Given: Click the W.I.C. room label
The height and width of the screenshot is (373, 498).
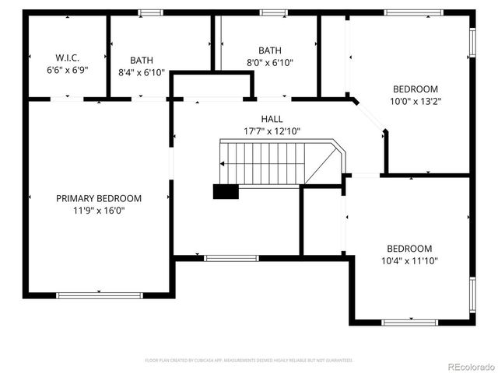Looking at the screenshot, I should pyautogui.click(x=68, y=58).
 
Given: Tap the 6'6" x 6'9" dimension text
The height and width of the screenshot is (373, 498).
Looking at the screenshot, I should pyautogui.click(x=68, y=69).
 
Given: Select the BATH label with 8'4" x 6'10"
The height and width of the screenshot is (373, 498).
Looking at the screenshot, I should pyautogui.click(x=142, y=60).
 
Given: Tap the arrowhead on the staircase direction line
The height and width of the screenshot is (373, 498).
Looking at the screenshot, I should pyautogui.click(x=223, y=164).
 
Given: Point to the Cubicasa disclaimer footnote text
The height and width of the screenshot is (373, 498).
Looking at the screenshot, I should pyautogui.click(x=249, y=361).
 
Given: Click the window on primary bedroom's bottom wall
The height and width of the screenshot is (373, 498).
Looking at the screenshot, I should pyautogui.click(x=100, y=295).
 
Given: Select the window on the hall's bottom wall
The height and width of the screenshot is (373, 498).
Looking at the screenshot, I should pyautogui.click(x=231, y=257).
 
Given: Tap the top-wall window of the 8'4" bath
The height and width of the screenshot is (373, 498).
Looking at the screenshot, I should pyautogui.click(x=150, y=12).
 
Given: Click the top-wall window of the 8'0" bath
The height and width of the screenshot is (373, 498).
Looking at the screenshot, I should pyautogui.click(x=272, y=12).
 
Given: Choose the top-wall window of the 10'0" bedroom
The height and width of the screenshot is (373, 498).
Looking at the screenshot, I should pyautogui.click(x=414, y=12).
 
